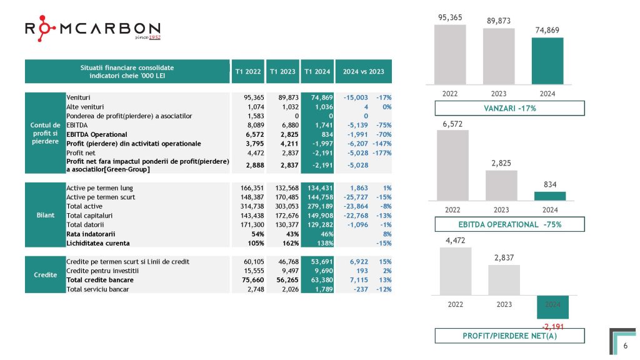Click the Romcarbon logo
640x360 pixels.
92,30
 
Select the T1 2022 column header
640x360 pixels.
248,71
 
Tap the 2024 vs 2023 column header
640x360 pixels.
364,71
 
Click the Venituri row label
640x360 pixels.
79,97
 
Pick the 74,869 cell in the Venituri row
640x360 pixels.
316,97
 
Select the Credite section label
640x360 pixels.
45,276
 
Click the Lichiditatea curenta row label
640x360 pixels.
98,243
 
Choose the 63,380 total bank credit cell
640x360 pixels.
316,281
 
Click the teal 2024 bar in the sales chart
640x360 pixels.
547,61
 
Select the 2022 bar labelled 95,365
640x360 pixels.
450,54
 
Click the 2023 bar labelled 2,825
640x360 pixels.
501,185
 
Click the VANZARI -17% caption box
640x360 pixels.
510,108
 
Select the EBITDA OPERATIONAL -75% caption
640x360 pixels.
510,224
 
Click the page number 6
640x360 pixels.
625,344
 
